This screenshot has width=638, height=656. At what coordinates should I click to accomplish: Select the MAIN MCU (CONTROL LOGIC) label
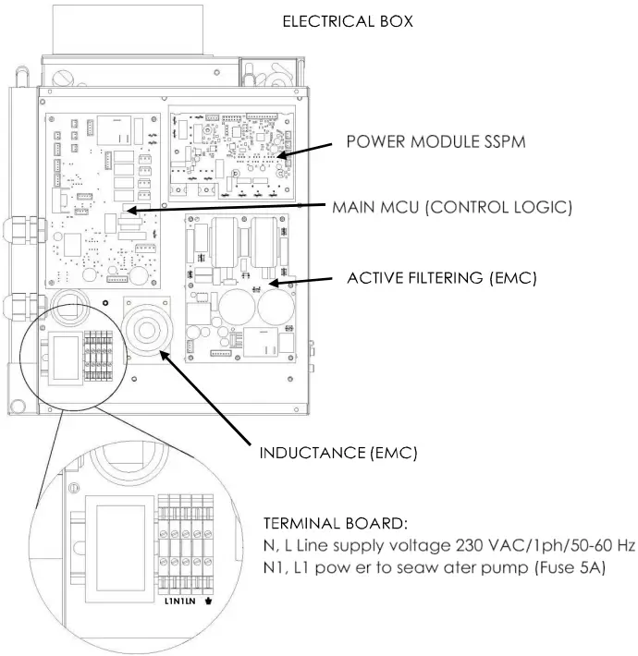point(451,208)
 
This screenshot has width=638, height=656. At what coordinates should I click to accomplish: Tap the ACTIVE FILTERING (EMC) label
point(441,277)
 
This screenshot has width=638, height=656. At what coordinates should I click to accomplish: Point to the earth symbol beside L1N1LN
point(220,601)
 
